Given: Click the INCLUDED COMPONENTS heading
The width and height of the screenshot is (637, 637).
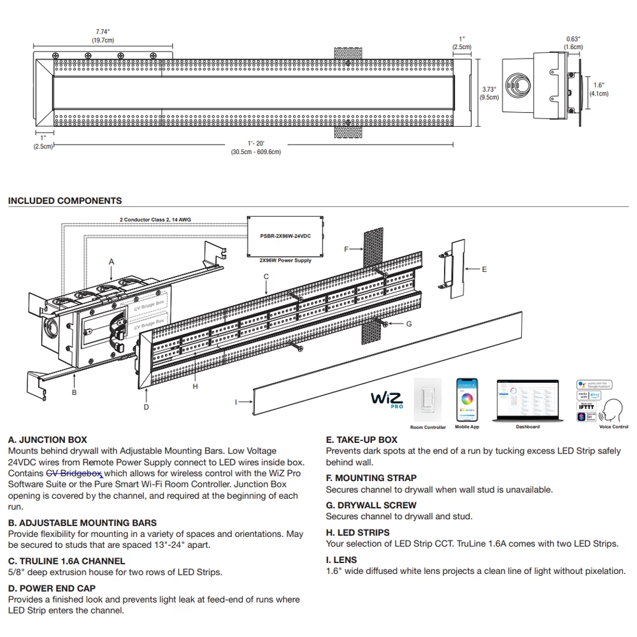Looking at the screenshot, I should pos(65,201).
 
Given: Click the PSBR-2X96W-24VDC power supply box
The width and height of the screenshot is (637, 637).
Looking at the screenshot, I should pos(285,236).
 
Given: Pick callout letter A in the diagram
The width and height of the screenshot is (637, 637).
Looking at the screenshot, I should pos(111,262).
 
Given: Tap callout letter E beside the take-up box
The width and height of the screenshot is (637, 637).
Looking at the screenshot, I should pos(484,269).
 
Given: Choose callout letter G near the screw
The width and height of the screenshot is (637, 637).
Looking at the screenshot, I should pos(409,324).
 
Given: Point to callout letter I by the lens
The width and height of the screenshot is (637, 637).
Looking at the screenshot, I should pos(237,402).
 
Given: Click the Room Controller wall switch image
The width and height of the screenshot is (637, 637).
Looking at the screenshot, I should pos(427,400).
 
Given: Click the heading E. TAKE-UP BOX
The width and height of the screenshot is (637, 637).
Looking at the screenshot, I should pos(362,440).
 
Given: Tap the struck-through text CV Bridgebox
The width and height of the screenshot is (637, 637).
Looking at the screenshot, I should pos(74,473).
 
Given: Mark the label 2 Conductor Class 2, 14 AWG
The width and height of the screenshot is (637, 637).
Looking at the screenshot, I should pos(155,220).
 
